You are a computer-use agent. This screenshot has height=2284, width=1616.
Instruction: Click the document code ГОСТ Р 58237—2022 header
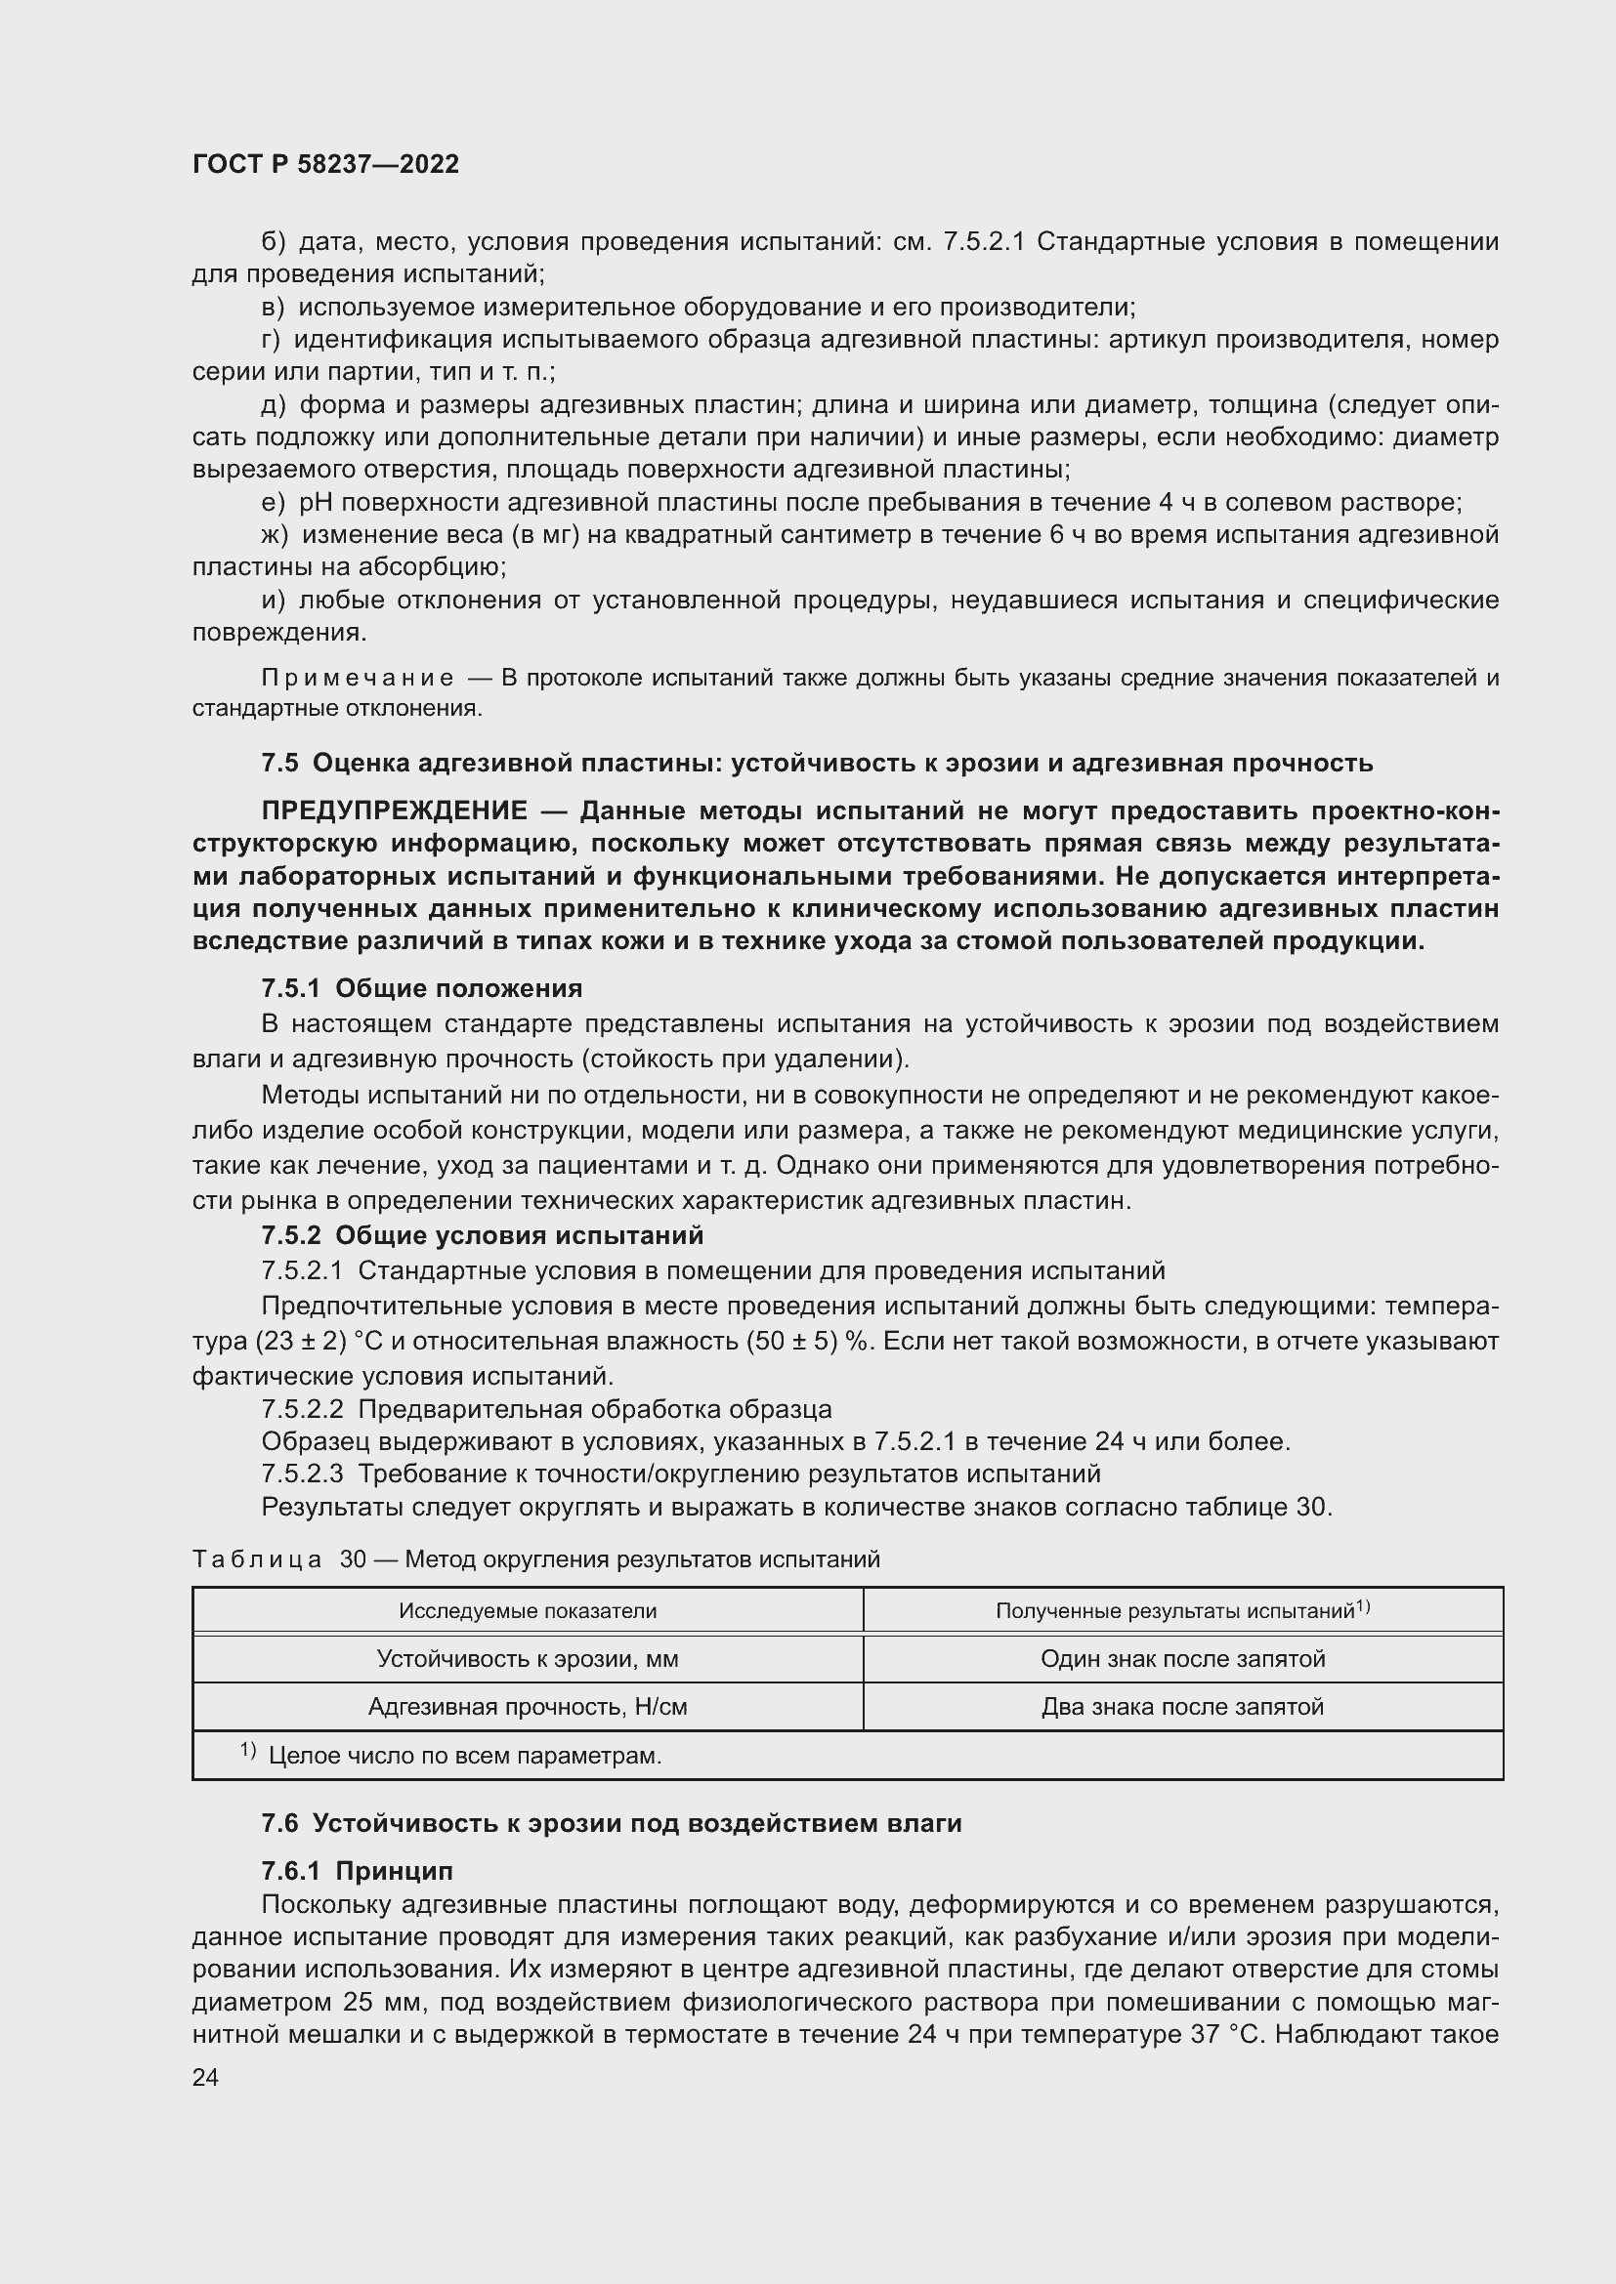click(x=325, y=164)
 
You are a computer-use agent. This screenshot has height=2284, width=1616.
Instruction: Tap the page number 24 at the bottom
click(x=205, y=2077)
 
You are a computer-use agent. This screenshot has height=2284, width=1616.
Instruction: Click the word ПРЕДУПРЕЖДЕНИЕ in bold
click(x=394, y=810)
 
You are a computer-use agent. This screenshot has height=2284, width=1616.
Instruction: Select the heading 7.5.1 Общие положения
click(x=421, y=988)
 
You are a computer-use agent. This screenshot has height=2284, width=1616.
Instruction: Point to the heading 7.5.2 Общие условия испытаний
click(x=482, y=1234)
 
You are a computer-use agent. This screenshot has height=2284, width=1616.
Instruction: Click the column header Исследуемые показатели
click(x=528, y=1610)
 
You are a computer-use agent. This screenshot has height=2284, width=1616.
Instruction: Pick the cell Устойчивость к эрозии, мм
click(x=528, y=1658)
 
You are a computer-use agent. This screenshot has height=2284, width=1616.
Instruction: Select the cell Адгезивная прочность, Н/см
click(x=528, y=1707)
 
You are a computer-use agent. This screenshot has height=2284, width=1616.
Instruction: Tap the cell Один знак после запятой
click(x=1182, y=1658)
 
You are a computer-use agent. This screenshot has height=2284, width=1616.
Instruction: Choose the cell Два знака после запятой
click(x=1182, y=1707)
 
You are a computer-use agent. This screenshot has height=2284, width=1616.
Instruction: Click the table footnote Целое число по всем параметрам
click(x=464, y=1756)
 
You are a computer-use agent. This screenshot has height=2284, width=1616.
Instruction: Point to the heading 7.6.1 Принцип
click(x=357, y=1871)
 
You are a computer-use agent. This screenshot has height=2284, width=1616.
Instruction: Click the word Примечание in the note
click(x=358, y=679)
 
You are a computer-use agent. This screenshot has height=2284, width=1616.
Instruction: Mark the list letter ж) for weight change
click(x=274, y=535)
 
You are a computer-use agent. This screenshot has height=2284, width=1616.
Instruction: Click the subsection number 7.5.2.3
click(x=302, y=1474)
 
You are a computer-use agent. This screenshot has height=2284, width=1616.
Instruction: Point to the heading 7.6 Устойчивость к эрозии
click(x=611, y=1823)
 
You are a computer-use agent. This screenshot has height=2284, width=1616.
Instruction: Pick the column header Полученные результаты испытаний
click(x=1182, y=1610)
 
